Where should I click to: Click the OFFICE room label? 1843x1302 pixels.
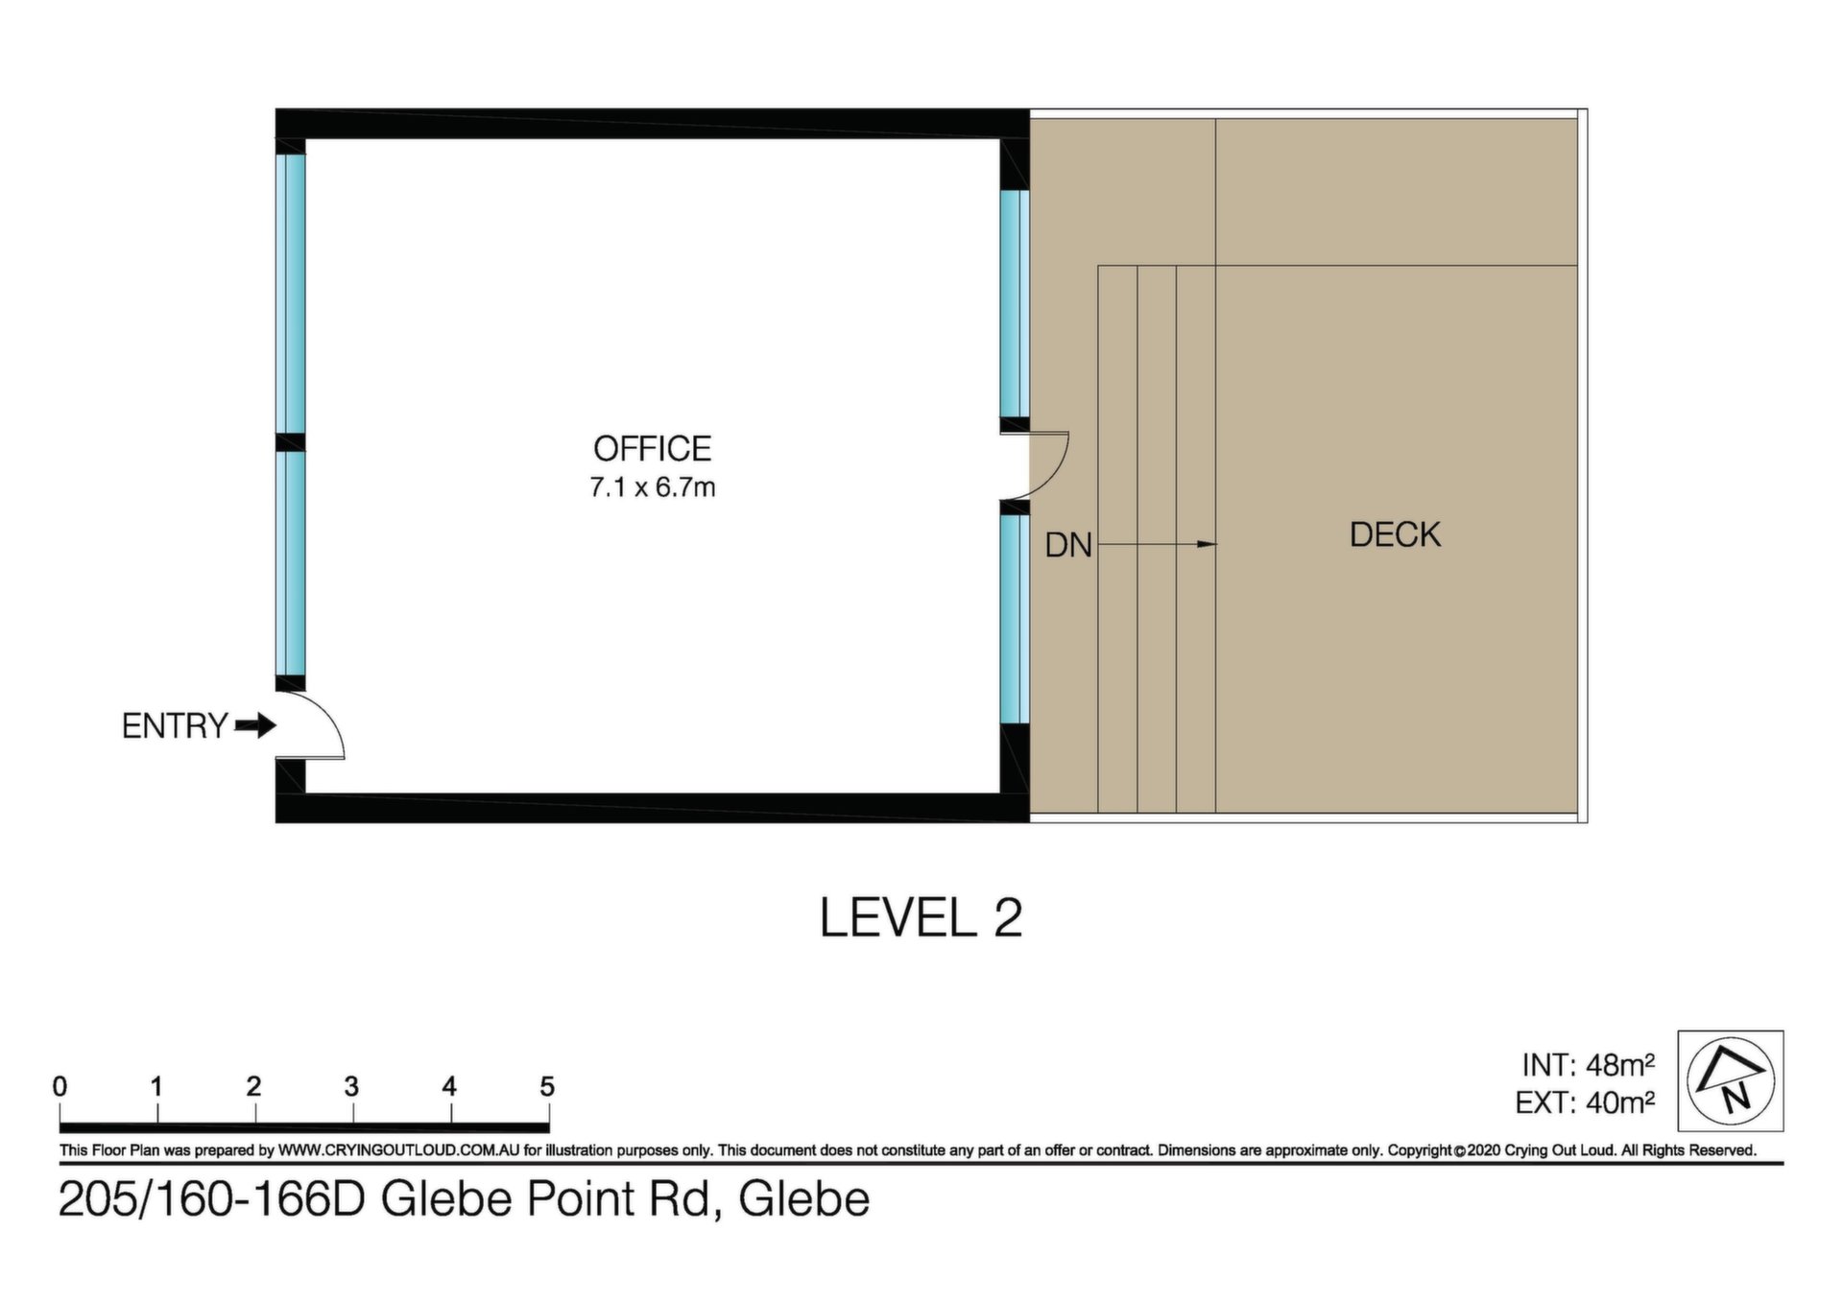coord(652,448)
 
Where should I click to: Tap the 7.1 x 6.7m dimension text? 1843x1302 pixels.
coord(652,487)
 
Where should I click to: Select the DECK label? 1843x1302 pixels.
coord(1395,534)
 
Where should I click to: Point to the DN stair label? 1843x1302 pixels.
coord(1068,545)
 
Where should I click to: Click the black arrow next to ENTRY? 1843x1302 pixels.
coord(255,725)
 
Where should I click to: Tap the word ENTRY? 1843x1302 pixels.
coord(175,726)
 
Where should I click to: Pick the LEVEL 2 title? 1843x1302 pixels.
coord(921,917)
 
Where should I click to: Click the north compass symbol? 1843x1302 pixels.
coord(1730,1080)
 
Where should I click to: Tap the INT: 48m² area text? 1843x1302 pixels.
coord(1588,1065)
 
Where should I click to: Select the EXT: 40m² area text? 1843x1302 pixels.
coord(1585,1102)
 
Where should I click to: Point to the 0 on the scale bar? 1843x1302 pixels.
coord(60,1086)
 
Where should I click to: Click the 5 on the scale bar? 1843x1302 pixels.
coord(547,1086)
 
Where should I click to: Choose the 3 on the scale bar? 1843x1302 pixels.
coord(351,1086)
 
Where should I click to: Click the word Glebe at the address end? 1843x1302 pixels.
coord(804,1199)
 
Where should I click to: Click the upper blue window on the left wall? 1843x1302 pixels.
coord(292,294)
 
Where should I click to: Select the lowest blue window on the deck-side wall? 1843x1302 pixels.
coord(1015,620)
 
